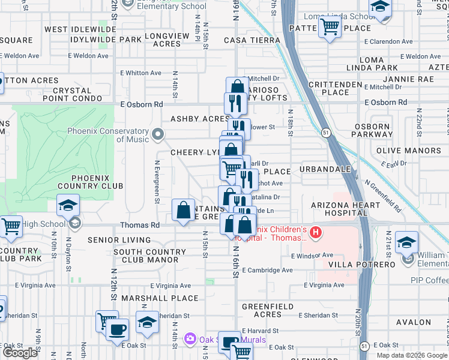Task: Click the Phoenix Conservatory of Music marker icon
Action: click(158, 134)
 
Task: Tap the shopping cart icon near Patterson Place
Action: click(330, 26)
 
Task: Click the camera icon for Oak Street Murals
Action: click(190, 340)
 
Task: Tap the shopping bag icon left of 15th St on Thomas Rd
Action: click(184, 210)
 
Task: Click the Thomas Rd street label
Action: click(140, 225)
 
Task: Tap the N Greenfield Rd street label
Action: click(382, 194)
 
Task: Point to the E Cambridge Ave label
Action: click(267, 270)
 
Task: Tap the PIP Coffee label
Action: click(429, 280)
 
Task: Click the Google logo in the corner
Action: click(20, 353)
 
